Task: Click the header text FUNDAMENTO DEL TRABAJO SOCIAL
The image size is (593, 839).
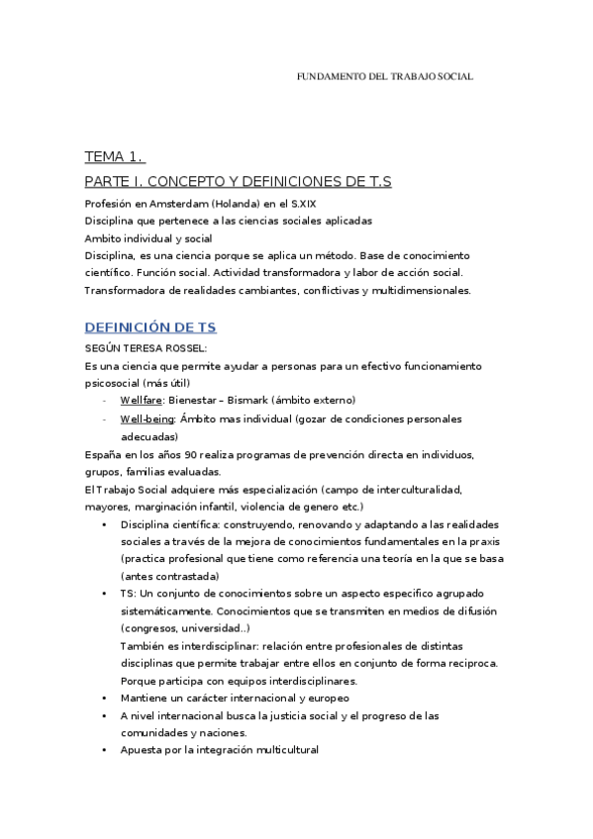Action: click(385, 76)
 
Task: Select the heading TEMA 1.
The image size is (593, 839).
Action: click(114, 157)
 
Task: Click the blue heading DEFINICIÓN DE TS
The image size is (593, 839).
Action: click(150, 327)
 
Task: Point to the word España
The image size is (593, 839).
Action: click(107, 454)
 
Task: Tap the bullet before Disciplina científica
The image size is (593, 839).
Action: click(104, 524)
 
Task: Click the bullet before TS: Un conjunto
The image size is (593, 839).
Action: click(104, 594)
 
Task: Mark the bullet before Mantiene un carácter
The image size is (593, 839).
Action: click(104, 698)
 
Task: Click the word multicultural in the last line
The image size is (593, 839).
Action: click(283, 750)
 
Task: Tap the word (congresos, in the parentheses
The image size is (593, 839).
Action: click(151, 628)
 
